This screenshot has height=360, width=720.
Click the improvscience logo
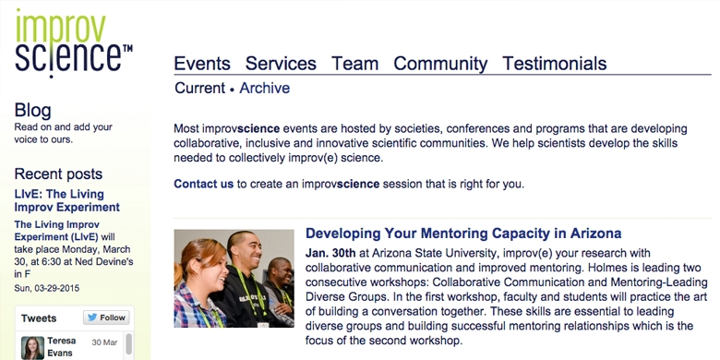(x=74, y=43)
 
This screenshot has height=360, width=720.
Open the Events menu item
(x=202, y=64)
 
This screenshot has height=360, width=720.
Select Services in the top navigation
(x=281, y=64)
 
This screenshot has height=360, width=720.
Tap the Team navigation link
(x=355, y=64)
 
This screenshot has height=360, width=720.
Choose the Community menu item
(x=440, y=64)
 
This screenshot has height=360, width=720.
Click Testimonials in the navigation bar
(x=554, y=64)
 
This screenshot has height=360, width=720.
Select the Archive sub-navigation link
(x=265, y=88)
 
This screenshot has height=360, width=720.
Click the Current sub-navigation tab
(x=200, y=88)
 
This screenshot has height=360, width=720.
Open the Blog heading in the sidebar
(x=32, y=111)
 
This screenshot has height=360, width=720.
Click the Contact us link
(x=203, y=184)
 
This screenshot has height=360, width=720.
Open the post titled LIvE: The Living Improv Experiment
(x=67, y=200)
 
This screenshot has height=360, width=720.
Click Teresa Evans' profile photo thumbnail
(x=32, y=348)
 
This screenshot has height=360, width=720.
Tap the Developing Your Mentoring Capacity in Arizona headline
(x=463, y=234)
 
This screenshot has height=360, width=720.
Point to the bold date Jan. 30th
(x=330, y=253)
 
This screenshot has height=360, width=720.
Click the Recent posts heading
(x=58, y=174)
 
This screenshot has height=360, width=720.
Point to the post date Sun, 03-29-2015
(x=47, y=288)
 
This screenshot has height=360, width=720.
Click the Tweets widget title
(x=39, y=318)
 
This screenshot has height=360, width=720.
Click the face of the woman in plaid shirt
(x=209, y=267)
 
